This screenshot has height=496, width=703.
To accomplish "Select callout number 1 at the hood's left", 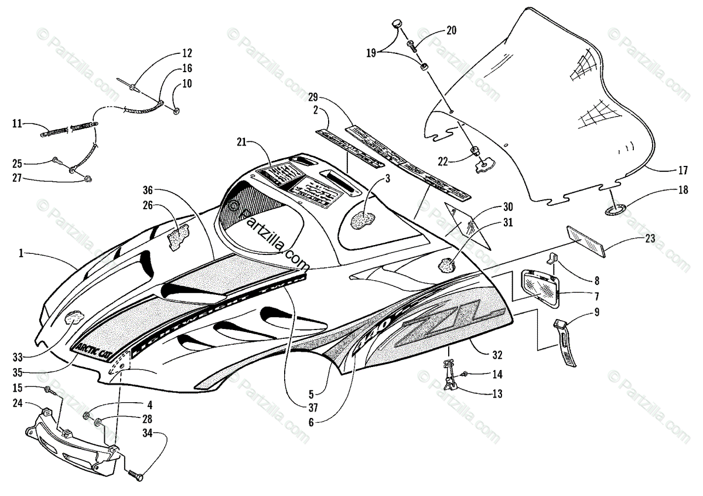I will coord(21,253).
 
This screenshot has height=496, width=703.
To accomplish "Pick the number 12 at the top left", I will coord(170,51).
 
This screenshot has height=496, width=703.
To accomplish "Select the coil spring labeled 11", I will coord(69,128).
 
